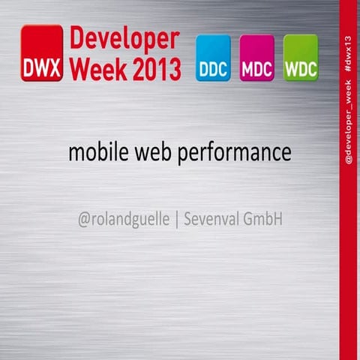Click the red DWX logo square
[x=41, y=52]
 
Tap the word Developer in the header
[x=124, y=40]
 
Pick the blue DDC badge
[x=212, y=58]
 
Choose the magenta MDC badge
[x=256, y=58]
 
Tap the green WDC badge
[x=301, y=58]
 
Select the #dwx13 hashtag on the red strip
[x=349, y=52]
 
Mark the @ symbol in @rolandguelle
[x=83, y=221]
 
